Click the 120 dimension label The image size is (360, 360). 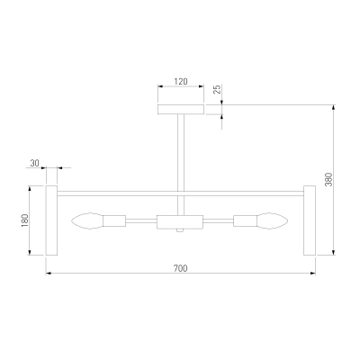[x=181, y=81]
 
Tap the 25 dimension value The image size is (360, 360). [x=217, y=89]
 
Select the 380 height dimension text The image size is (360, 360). [x=329, y=179]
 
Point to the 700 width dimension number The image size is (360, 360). [x=181, y=268]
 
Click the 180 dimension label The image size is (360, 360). [x=25, y=220]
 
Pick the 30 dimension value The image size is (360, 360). [x=35, y=163]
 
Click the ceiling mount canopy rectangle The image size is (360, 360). [x=181, y=110]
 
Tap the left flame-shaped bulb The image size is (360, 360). [x=87, y=221]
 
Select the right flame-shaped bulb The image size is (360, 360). [x=273, y=221]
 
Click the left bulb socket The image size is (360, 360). [x=114, y=221]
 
